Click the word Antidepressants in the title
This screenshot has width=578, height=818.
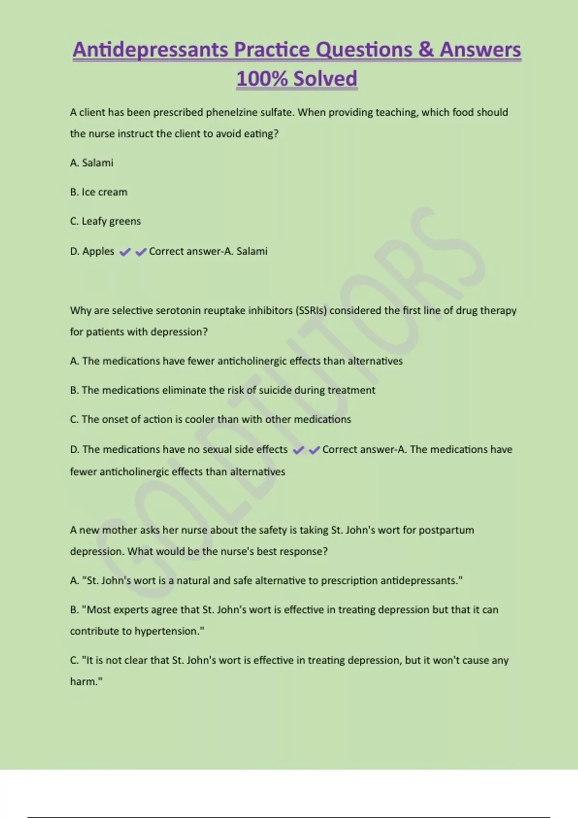150,50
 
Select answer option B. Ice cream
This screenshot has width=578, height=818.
99,192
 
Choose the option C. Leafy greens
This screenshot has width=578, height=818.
105,221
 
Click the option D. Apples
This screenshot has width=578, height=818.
92,251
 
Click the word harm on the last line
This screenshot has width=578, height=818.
85,682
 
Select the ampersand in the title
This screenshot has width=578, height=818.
426,50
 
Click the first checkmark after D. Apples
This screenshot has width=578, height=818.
124,252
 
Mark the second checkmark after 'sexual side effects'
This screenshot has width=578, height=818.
314,450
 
